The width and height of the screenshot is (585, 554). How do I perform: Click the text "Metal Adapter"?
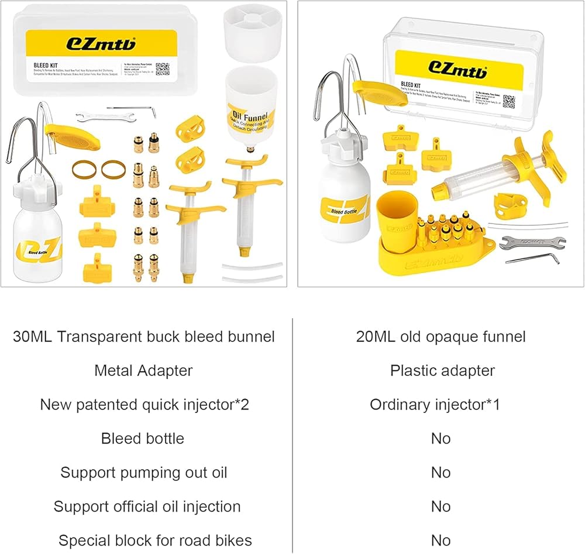[143, 370]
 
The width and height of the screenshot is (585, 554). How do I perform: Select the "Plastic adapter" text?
[442, 370]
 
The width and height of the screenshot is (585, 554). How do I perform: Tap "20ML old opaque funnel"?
[441, 336]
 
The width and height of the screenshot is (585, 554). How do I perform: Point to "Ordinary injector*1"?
[435, 404]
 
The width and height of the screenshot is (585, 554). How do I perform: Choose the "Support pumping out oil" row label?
[143, 472]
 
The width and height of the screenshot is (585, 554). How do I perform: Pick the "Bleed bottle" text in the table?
[143, 438]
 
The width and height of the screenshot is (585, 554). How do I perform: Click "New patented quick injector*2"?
[144, 404]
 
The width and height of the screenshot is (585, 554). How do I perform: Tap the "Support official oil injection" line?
[147, 506]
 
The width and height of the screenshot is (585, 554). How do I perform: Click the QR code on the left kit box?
[163, 69]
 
